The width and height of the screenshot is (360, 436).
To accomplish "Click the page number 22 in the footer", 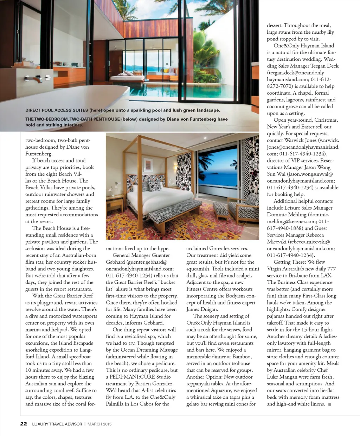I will pos(24,424).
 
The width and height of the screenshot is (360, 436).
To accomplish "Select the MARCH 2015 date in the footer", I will pos(99,424).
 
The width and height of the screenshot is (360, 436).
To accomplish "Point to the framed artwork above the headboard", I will pos(148,165).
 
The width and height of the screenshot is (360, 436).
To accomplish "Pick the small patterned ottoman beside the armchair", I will pos(221,209).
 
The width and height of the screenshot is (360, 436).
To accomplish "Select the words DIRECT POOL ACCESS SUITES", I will pos(57,110).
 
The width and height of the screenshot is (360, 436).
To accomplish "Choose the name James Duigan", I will pos(202,309).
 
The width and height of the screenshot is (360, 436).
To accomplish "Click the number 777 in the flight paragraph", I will pos(331,269).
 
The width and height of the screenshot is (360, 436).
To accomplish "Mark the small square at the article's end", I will pos(329,404).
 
